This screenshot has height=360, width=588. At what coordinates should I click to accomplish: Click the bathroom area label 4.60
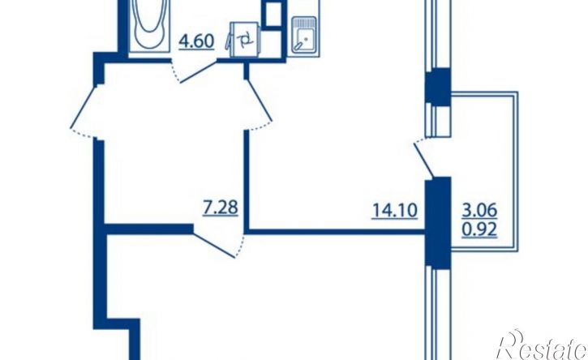pos(196,41)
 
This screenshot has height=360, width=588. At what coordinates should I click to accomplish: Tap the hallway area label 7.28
pos(220,208)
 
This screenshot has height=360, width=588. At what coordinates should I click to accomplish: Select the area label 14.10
pos(394,210)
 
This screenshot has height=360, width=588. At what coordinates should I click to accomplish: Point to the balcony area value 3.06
pos(479,210)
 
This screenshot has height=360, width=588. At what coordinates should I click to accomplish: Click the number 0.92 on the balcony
pos(479,229)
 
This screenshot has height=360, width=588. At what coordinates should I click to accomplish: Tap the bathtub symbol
pos(150,25)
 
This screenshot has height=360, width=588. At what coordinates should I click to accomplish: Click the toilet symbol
pos(243,40)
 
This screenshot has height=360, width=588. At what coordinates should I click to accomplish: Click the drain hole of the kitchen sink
pos(307,38)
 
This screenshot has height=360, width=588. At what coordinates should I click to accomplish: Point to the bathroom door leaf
pos(199,72)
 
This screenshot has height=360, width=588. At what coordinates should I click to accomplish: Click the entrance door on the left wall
pos(84,106)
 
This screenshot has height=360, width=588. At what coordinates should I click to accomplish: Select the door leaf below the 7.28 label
pos(214,246)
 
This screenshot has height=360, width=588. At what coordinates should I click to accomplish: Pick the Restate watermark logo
pos(542,345)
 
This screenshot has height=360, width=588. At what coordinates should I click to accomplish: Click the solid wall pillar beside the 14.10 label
pos(438,223)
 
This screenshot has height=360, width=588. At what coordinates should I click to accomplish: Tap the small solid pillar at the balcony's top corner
pos(438,87)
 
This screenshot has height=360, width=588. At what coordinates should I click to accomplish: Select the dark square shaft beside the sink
pos(273,15)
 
